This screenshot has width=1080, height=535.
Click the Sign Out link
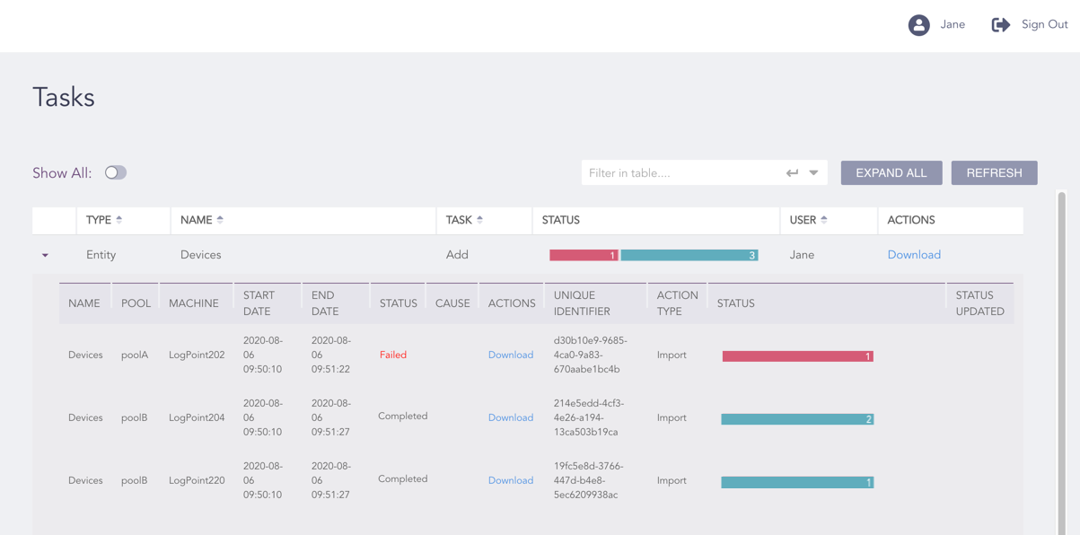point(1031,25)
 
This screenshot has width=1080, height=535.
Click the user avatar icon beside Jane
point(918,25)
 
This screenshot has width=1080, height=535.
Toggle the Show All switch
point(116,172)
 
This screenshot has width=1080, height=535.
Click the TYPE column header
point(99,220)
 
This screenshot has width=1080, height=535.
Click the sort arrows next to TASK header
point(480,220)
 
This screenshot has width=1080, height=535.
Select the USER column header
point(803,220)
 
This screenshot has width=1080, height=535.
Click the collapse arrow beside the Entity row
point(45,256)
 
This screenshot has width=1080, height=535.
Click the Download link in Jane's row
point(913,255)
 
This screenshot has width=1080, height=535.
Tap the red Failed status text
point(392,355)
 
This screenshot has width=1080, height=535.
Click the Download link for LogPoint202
point(510,355)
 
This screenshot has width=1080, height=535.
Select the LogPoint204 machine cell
point(197,417)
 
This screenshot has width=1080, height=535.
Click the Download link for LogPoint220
point(510,480)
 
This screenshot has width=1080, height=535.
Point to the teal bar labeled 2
point(796,419)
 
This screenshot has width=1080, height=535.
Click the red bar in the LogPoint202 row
point(796,356)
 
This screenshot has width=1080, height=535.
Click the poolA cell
point(135,355)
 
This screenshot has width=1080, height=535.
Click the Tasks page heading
point(64,97)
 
